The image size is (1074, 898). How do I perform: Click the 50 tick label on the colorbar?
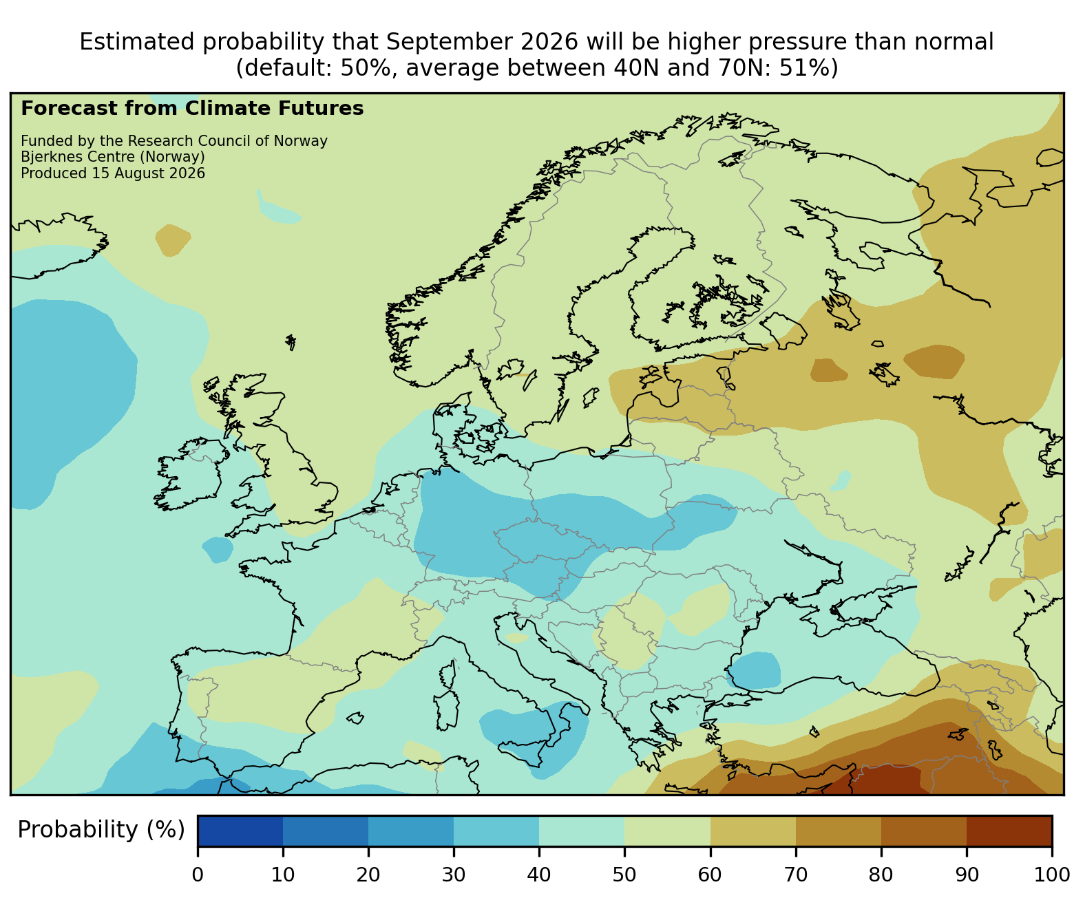624,875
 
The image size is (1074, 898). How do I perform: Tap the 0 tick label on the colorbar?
198,875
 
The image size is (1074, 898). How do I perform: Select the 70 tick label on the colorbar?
796,875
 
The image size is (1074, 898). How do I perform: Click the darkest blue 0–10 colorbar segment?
240,831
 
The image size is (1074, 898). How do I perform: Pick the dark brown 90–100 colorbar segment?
1009,831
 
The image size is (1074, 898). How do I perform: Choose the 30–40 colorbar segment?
496,831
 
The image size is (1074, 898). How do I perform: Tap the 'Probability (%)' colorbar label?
101,830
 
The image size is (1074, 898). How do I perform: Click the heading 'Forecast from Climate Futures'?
192,109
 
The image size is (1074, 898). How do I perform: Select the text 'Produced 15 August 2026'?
113,173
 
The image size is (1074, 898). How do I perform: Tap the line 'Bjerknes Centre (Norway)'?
113,157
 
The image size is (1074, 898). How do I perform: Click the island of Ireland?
188,473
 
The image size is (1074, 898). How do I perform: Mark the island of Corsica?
448,674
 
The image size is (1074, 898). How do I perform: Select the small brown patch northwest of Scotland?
173,240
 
